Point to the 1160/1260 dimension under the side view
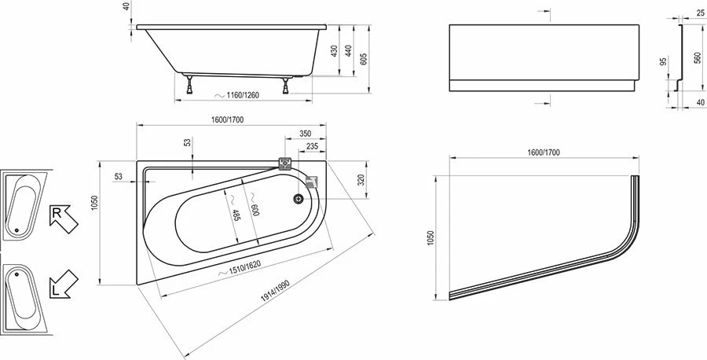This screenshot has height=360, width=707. [240, 96]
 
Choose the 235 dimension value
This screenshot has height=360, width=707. [311, 146]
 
